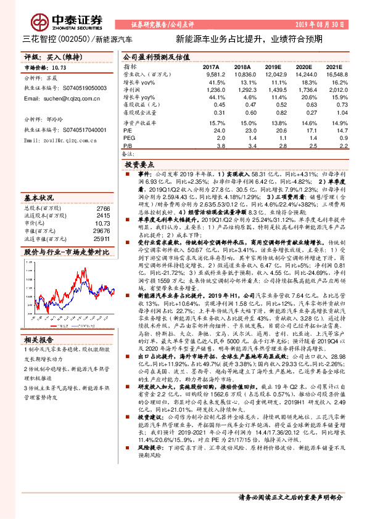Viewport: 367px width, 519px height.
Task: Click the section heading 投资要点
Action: click(139, 166)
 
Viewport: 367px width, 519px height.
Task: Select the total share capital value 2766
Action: click(103, 210)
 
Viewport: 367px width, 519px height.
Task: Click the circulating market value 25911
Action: click(101, 239)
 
